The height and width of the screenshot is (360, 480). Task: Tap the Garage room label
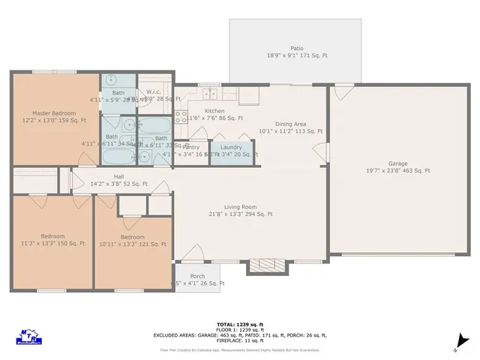[398, 163]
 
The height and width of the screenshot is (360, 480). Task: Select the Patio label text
[298, 47]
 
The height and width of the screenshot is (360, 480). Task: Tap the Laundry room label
[231, 147]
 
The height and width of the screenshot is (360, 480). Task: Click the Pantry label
[190, 147]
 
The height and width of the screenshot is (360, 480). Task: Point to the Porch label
[197, 275]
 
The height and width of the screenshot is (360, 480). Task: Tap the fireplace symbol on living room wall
[262, 266]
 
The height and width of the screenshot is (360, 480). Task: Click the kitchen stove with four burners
[180, 115]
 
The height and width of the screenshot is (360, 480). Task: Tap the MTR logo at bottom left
[29, 334]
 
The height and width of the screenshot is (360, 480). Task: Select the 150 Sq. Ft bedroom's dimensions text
[52, 244]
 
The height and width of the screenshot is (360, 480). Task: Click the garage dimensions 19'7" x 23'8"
[398, 171]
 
